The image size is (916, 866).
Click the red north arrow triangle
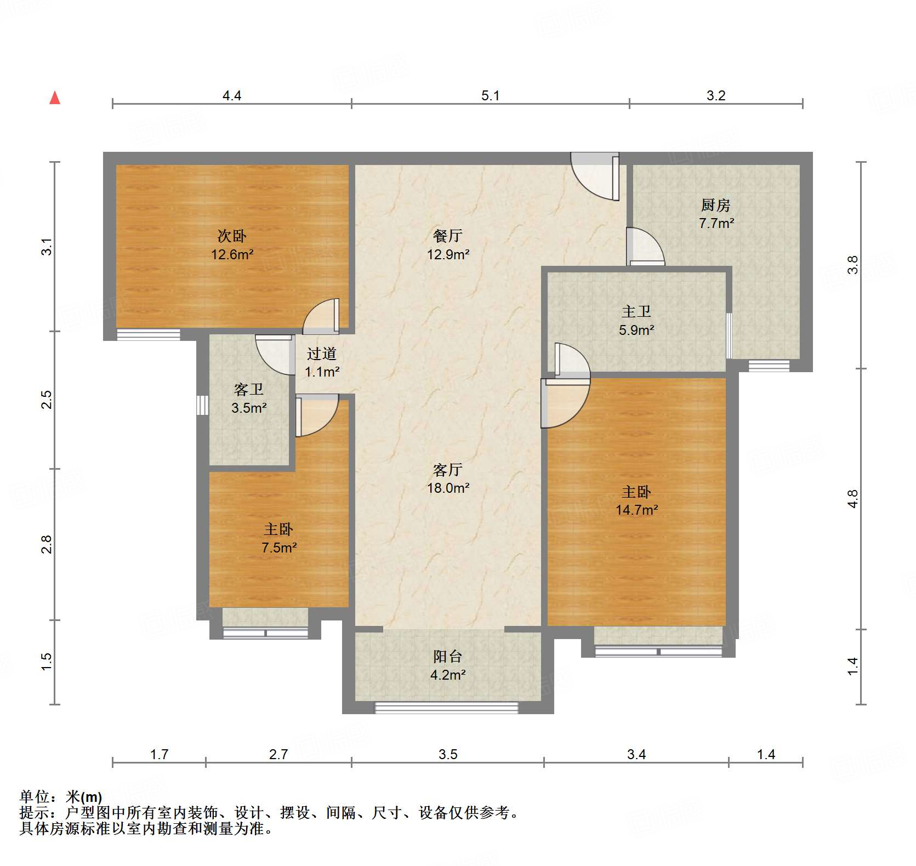pyautogui.click(x=55, y=98)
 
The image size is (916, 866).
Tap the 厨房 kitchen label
pyautogui.click(x=715, y=206)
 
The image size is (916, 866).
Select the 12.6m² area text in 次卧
pyautogui.click(x=232, y=254)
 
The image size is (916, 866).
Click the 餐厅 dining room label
pyautogui.click(x=447, y=236)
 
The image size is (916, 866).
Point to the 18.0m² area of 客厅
pyautogui.click(x=448, y=488)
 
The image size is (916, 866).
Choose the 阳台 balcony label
pyautogui.click(x=447, y=657)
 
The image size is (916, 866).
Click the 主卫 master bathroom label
pyautogui.click(x=636, y=312)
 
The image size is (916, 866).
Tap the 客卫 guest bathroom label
pyautogui.click(x=248, y=390)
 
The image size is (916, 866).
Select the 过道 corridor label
pyautogui.click(x=321, y=354)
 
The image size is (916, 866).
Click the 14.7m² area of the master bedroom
pyautogui.click(x=636, y=510)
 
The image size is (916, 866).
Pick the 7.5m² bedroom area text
pyautogui.click(x=278, y=548)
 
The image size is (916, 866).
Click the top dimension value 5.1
pyautogui.click(x=490, y=96)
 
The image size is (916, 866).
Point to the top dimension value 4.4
pyautogui.click(x=231, y=96)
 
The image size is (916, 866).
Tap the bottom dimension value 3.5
pyautogui.click(x=447, y=755)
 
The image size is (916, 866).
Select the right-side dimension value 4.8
pyautogui.click(x=852, y=499)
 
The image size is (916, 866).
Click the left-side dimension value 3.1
pyautogui.click(x=47, y=247)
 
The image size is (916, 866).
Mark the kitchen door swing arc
pyautogui.click(x=646, y=247)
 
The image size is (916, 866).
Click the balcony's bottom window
pyautogui.click(x=446, y=707)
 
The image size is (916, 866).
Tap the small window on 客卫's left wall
pyautogui.click(x=203, y=404)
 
